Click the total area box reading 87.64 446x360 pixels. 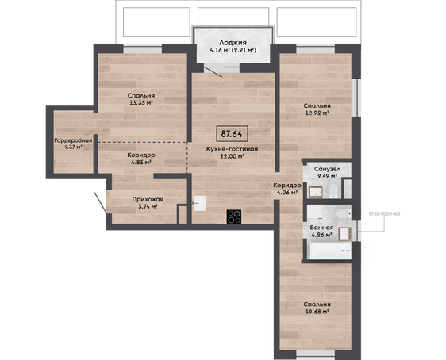232,133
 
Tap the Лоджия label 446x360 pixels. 233,43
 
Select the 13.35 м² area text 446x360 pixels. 141,103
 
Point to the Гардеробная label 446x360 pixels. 73,140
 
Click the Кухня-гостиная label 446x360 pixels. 232,149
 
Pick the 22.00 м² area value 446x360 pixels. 233,156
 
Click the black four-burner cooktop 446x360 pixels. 234,216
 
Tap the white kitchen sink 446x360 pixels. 199,203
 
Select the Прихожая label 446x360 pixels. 148,199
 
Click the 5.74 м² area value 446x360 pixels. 148,207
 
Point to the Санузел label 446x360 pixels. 327,169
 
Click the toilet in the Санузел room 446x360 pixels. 333,190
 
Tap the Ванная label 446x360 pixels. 321,228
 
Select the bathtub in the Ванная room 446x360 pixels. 330,251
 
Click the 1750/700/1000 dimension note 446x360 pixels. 384,213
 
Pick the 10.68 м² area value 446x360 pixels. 317,312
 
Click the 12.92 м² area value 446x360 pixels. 317,113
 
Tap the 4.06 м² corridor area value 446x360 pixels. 287,193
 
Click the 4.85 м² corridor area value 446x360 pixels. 141,163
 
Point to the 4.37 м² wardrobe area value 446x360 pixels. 73,147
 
